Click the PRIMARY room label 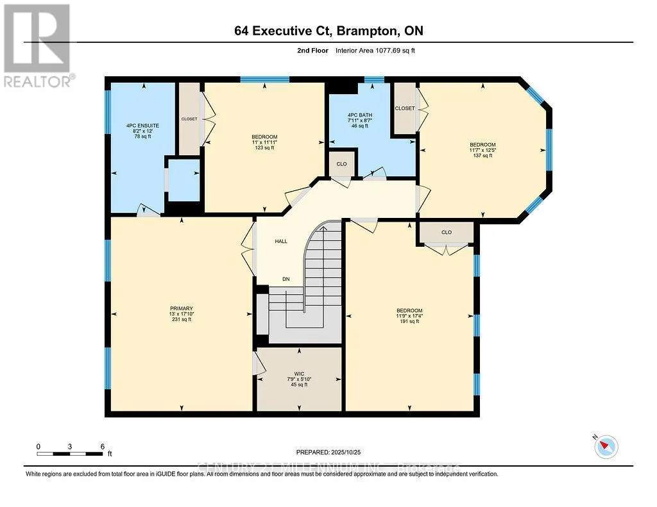pyautogui.click(x=181, y=314)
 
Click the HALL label pyautogui.click(x=281, y=242)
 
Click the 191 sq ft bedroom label pyautogui.click(x=409, y=315)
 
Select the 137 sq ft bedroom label pyautogui.click(x=482, y=149)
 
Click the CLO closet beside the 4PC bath pyautogui.click(x=341, y=164)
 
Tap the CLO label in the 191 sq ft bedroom pyautogui.click(x=447, y=232)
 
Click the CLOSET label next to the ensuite pyautogui.click(x=189, y=119)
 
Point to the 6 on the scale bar pyautogui.click(x=102, y=446)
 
